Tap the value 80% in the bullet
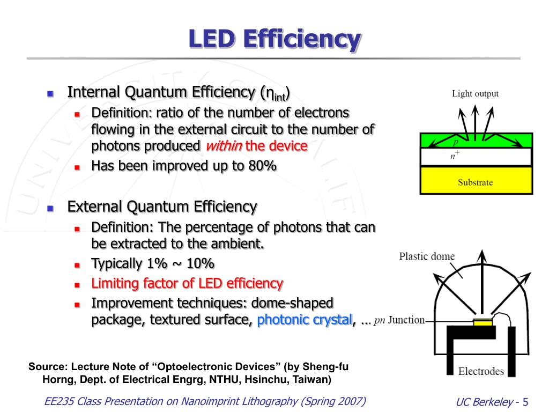[262, 165]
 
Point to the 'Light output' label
[475, 94]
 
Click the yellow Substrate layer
[476, 181]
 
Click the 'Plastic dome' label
[427, 256]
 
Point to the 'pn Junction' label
[399, 321]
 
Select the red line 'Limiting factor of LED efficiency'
[187, 283]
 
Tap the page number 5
[525, 402]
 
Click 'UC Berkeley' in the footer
[484, 402]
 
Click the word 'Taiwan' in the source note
[314, 380]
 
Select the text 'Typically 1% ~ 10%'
[153, 264]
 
